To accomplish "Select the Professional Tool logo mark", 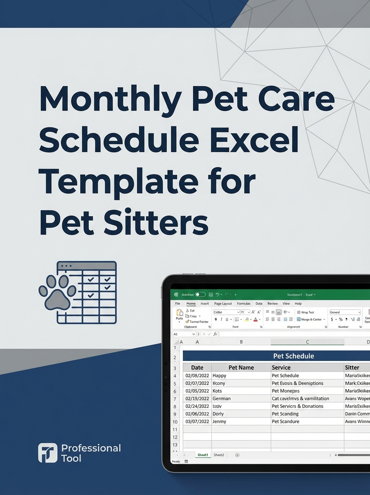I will (x=47, y=453).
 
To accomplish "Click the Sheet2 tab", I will (x=219, y=455).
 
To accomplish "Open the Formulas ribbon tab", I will (x=244, y=304).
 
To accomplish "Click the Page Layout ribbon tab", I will (x=223, y=304).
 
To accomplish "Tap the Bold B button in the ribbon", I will (x=216, y=319).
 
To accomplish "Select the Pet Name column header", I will (x=241, y=368).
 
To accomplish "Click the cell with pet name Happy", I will (x=220, y=376).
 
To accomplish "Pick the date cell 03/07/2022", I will (x=197, y=422).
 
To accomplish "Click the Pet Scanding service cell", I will (x=285, y=414).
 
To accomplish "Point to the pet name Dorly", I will (x=218, y=414).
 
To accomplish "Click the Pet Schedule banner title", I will (x=294, y=356).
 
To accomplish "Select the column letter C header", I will (x=308, y=342).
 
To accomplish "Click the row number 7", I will (x=175, y=399).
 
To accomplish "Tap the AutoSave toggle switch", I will (x=200, y=295).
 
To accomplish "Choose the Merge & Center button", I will (x=311, y=319).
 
